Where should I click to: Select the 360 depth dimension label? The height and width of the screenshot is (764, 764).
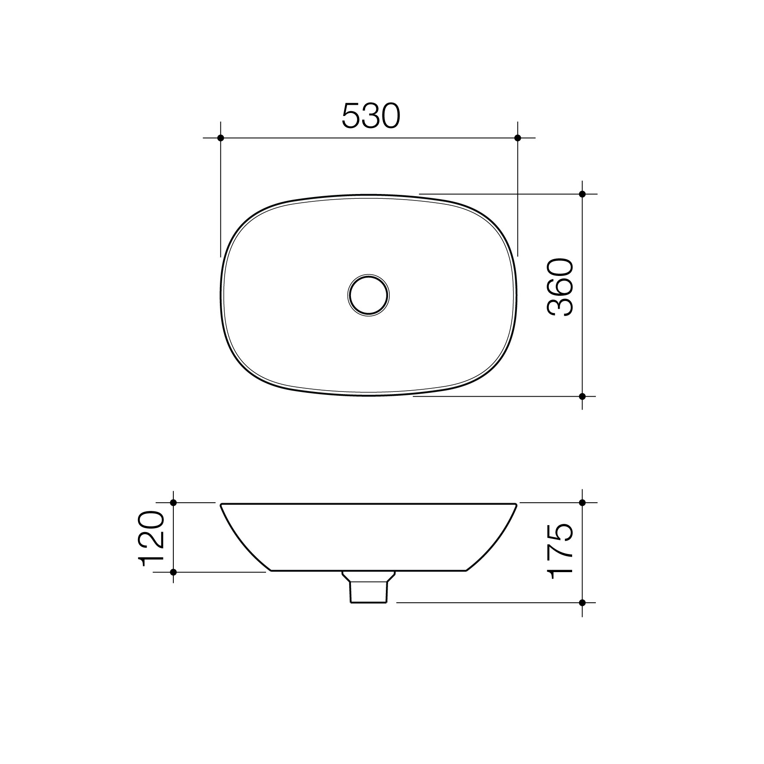tap(560, 287)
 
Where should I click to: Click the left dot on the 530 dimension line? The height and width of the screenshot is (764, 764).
tap(221, 138)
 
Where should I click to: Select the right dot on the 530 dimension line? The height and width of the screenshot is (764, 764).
tap(518, 138)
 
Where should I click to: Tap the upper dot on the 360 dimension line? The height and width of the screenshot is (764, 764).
tap(582, 194)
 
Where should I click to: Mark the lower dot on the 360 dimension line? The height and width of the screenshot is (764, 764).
tap(582, 396)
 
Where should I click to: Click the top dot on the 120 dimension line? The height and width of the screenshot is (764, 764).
tap(173, 503)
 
